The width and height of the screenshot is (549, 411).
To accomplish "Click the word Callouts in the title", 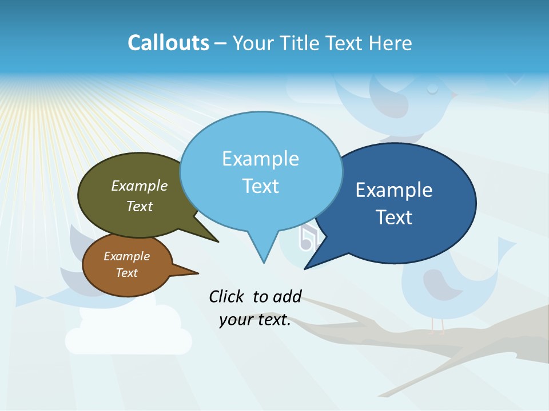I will (168, 43).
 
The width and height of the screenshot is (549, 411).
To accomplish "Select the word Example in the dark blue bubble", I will (394, 190).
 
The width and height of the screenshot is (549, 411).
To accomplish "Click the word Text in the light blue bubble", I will (261, 186).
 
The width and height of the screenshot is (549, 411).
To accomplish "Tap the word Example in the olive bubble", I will (140, 186).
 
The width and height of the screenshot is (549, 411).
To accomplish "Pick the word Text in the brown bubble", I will (127, 273).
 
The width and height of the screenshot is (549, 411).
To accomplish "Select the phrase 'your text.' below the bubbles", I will (255, 320).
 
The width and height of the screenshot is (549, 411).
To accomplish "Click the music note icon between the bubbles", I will (307, 237).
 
